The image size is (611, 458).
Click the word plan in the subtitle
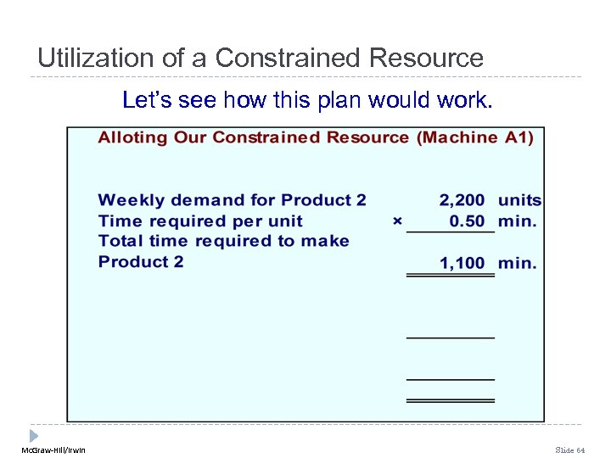click(345, 101)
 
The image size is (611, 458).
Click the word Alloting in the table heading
click(132, 137)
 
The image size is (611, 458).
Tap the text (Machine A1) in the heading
click(474, 137)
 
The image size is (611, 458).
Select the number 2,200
click(462, 201)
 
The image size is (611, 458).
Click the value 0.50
click(467, 221)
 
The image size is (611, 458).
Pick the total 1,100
click(462, 263)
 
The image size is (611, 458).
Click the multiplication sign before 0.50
click(397, 221)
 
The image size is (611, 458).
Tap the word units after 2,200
click(519, 201)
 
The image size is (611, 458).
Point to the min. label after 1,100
click(517, 263)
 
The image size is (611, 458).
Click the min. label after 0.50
click(517, 221)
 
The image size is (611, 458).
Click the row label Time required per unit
click(200, 221)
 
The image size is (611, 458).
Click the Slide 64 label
click(569, 450)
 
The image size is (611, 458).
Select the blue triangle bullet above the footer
click(35, 433)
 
